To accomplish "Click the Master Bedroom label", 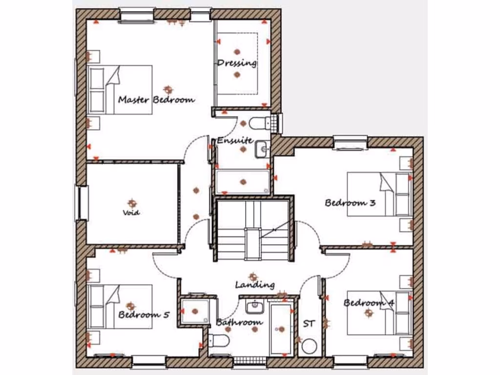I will click(156, 100).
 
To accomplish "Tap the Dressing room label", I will click(237, 63).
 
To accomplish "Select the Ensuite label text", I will click(235, 141).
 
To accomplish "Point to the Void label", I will click(131, 212).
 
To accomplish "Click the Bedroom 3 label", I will click(350, 203).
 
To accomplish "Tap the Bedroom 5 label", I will click(144, 315).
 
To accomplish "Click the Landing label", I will click(254, 285).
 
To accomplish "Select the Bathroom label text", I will click(239, 322).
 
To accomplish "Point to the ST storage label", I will click(309, 323).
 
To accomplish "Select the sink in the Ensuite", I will click(262, 148).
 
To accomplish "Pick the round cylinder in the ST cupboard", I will click(309, 347).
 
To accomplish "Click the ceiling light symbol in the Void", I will click(131, 203).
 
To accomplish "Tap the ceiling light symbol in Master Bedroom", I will click(168, 89).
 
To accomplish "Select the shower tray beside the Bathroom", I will click(195, 311).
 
